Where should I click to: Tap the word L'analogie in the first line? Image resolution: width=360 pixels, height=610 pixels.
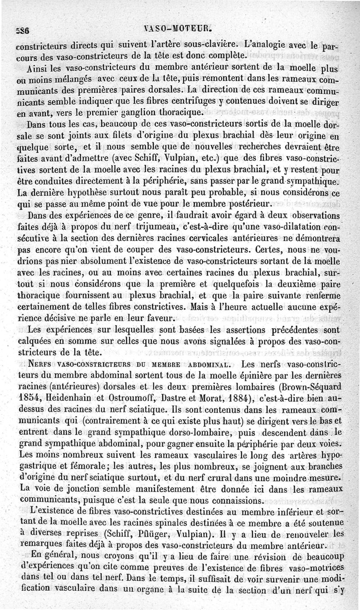(x=263, y=45)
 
